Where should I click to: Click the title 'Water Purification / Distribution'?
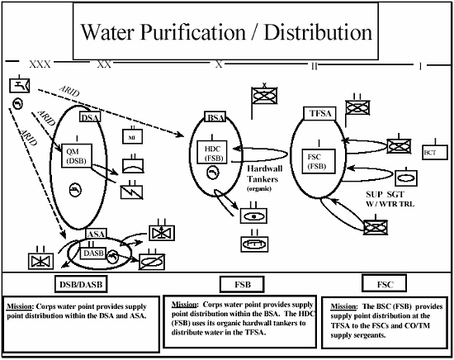coord(225,34)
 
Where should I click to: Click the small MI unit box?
coord(134,135)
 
